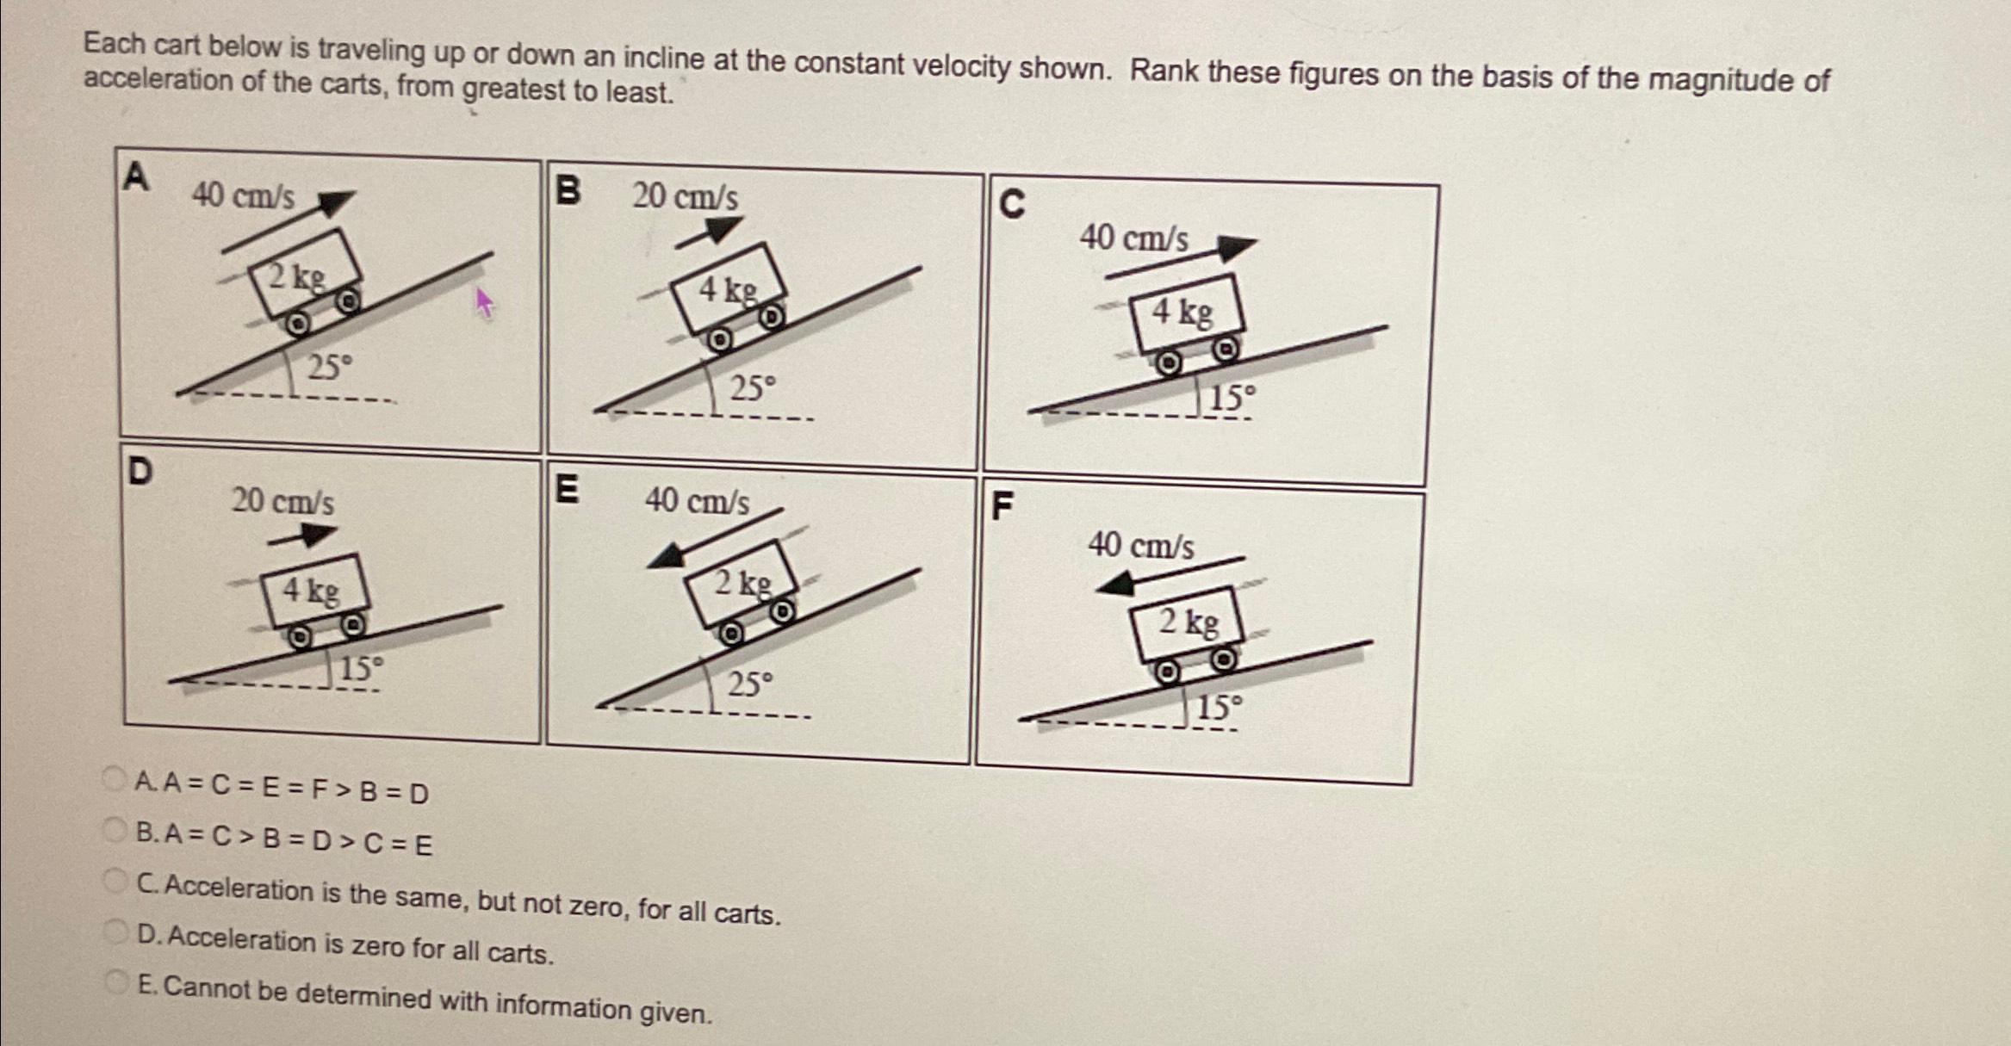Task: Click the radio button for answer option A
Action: point(115,779)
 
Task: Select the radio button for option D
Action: point(115,931)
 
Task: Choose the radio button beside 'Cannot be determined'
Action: point(116,982)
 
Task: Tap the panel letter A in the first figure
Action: point(136,176)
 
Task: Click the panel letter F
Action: point(1002,505)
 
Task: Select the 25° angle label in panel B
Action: point(753,388)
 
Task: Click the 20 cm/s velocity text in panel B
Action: point(685,196)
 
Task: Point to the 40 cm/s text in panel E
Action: point(697,500)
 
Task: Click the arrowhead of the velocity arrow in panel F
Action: point(1114,585)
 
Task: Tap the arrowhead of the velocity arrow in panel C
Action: point(1237,248)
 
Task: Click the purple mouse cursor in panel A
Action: point(484,301)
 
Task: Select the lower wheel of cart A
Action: point(296,324)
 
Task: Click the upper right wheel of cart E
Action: point(781,612)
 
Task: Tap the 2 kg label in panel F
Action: point(1188,621)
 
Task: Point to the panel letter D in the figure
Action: point(140,471)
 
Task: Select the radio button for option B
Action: point(115,830)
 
